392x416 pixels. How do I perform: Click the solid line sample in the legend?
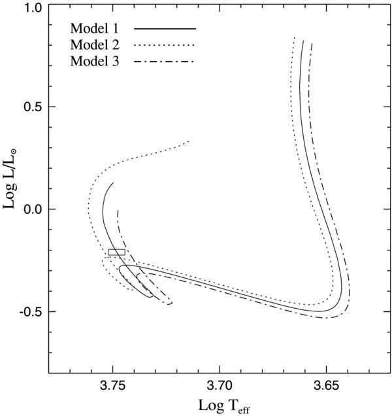tap(165, 29)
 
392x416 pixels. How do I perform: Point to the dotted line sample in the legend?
tap(165, 45)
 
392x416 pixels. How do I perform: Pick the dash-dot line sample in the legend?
tap(165, 61)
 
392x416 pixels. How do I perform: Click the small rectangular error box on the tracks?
tap(116, 252)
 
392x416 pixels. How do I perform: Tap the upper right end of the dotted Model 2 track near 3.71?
tap(189, 141)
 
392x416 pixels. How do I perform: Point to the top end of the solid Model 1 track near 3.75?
tap(114, 183)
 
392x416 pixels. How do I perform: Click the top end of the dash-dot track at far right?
tap(312, 43)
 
